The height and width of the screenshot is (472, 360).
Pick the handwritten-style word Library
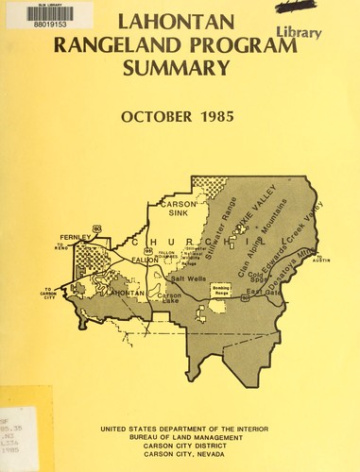pos(301,33)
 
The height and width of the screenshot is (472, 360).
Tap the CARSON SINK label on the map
pos(176,209)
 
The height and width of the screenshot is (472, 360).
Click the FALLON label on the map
pos(144,260)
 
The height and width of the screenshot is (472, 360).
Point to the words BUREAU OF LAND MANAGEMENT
pos(180,437)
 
